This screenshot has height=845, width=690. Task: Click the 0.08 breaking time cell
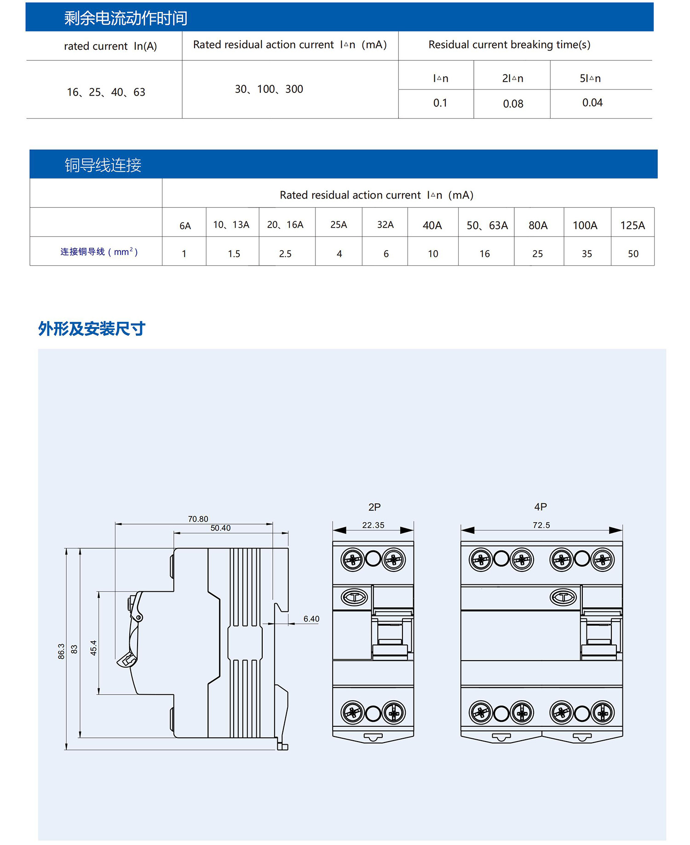[513, 104]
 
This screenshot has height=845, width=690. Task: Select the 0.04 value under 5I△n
[592, 103]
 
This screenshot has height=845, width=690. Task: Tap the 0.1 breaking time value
[440, 103]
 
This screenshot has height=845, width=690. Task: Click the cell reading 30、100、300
[269, 89]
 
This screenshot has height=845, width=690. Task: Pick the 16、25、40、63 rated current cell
[106, 92]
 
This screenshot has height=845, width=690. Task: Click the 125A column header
[632, 225]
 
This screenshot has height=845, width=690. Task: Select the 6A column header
[185, 226]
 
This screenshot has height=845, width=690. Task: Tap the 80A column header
[538, 225]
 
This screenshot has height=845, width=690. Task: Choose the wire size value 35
[586, 254]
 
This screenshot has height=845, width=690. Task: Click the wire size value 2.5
[285, 254]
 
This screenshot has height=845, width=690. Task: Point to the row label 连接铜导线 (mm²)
[99, 252]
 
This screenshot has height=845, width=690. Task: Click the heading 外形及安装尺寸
[92, 329]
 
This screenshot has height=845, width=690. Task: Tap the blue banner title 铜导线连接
[103, 165]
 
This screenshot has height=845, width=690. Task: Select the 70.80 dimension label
[198, 519]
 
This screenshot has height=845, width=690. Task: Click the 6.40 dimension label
[311, 619]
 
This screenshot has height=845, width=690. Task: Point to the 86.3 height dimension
[61, 651]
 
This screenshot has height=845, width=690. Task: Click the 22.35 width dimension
[373, 525]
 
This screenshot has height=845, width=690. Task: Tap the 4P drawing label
[540, 507]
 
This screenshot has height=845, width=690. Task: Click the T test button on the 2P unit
[354, 597]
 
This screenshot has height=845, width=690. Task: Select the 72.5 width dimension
[541, 525]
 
